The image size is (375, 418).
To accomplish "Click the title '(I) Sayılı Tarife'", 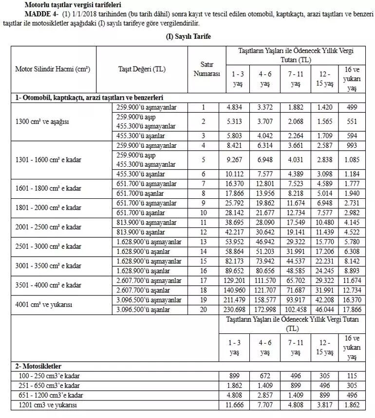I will tap(187, 37).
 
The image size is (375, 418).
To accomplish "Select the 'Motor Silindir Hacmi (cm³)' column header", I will tap(53, 69).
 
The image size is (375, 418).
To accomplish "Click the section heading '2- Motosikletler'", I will tap(39, 366).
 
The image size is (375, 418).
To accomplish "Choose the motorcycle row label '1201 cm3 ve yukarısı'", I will tap(47, 404).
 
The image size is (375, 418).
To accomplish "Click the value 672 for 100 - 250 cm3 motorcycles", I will tap(264, 376).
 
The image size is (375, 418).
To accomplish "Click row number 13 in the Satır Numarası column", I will tap(204, 242).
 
